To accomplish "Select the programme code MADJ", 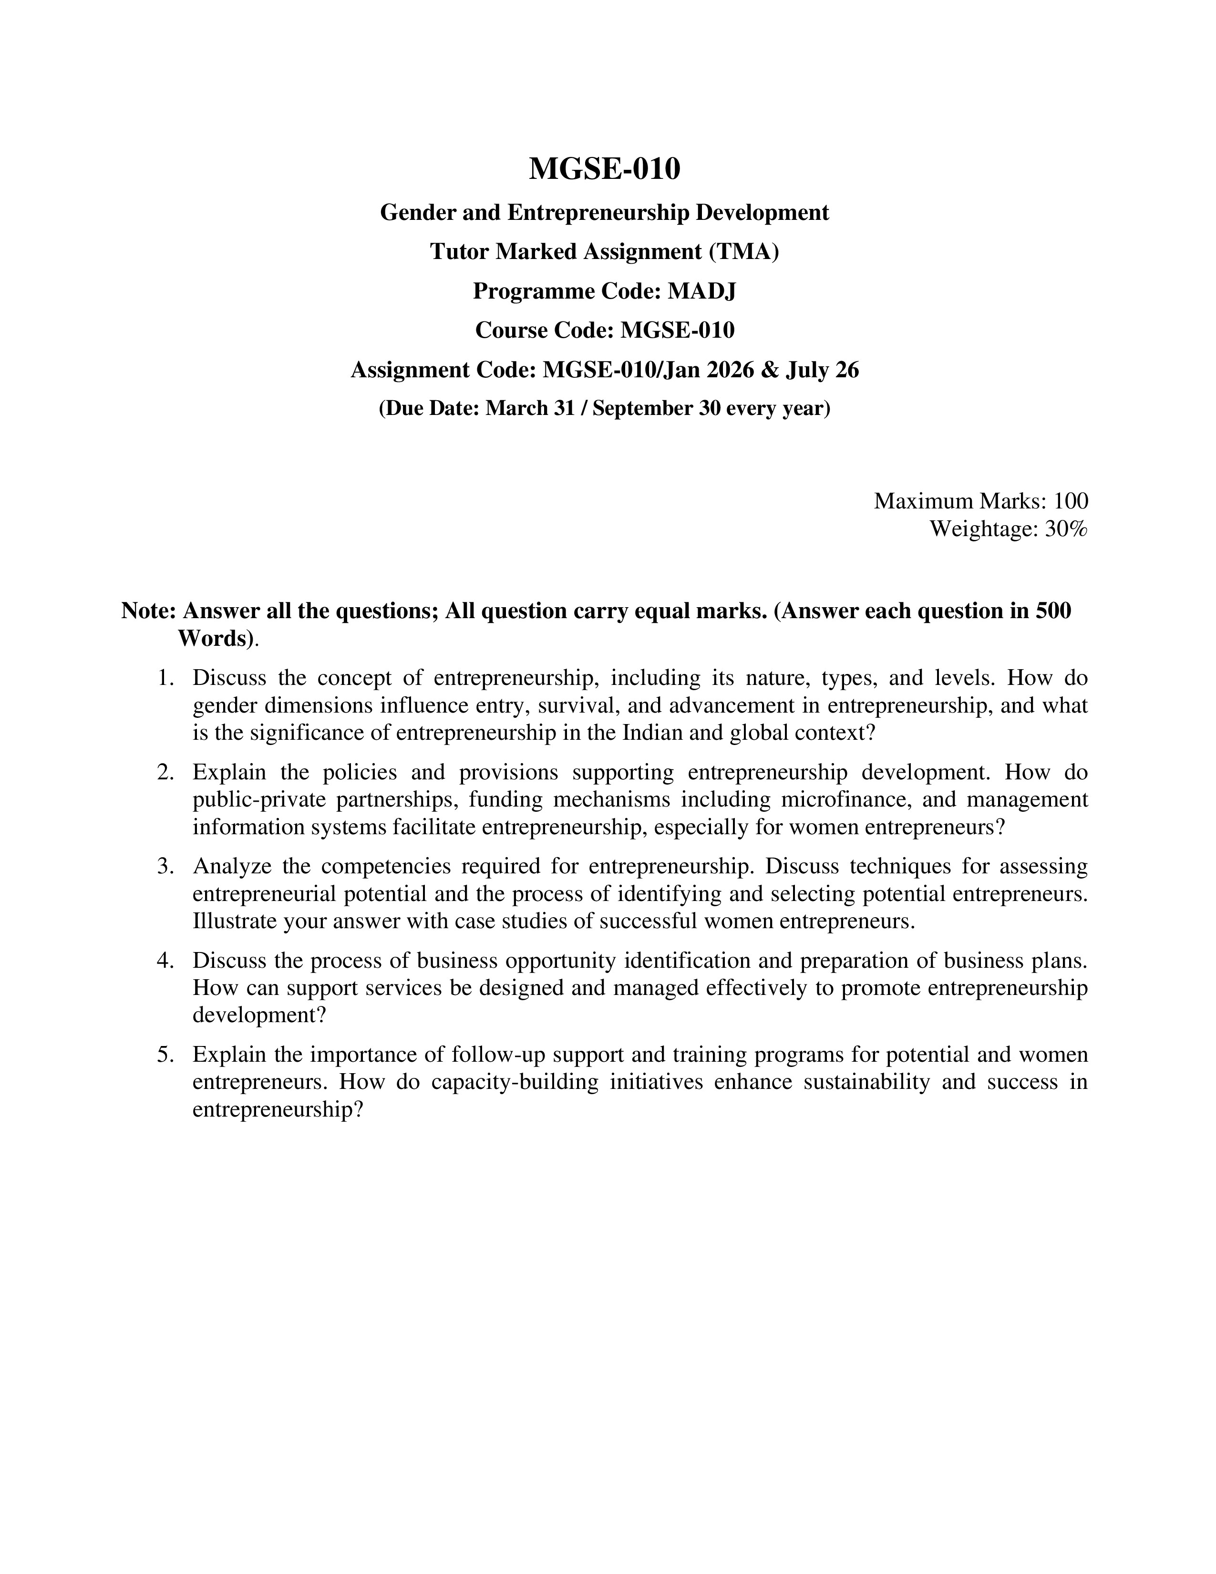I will point(701,291).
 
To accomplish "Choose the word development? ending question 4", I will point(259,1015).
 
